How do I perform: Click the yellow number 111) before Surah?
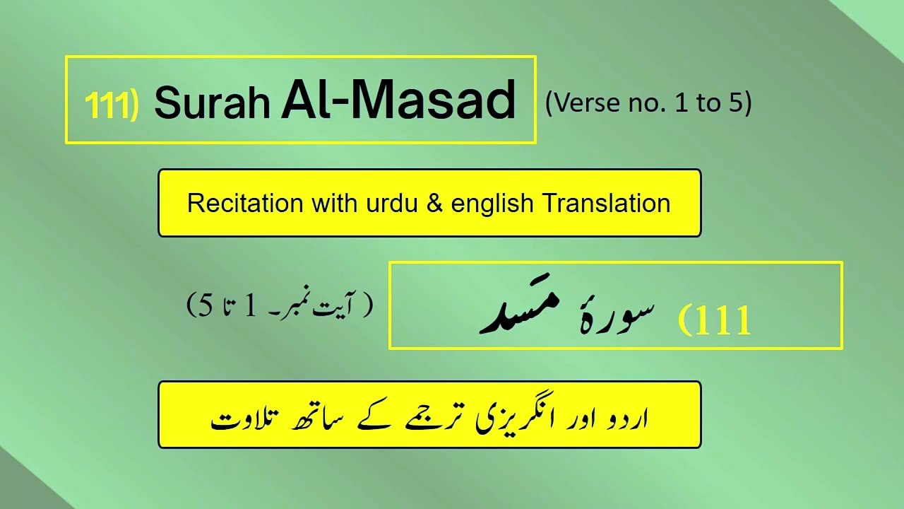pos(111,105)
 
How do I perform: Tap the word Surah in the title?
pos(213,103)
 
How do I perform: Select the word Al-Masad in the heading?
pos(398,100)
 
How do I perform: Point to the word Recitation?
pos(234,204)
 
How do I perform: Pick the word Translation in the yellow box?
pos(606,204)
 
